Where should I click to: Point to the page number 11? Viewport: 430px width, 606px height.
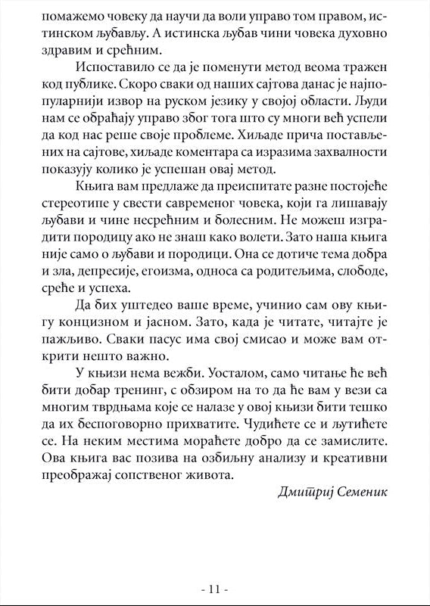pos(215,589)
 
